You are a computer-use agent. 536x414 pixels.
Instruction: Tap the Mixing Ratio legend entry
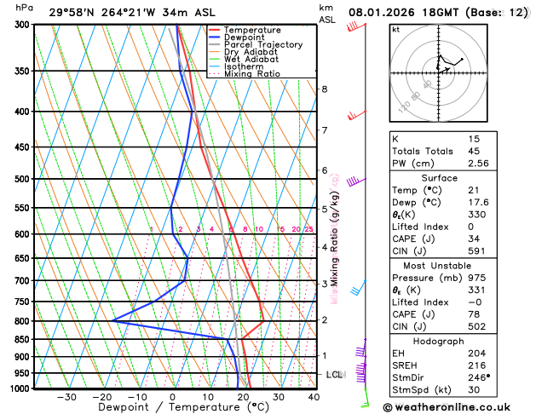point(252,74)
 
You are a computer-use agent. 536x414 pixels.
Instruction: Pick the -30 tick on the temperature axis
point(66,397)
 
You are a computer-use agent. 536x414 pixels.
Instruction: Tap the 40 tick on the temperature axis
point(314,397)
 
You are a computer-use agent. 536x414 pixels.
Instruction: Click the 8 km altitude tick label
point(324,89)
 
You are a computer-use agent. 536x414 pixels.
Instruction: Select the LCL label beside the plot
point(335,375)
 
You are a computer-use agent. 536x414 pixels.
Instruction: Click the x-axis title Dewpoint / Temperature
point(172,408)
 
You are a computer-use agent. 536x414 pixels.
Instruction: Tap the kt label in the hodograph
point(395,30)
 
